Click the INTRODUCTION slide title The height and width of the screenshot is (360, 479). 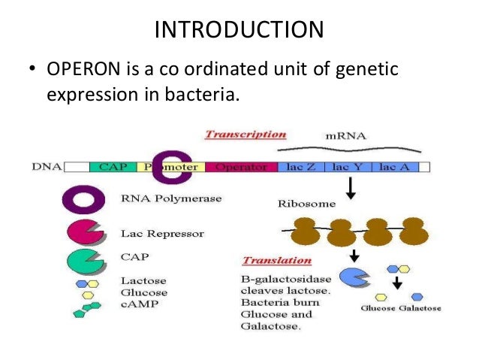[239, 29]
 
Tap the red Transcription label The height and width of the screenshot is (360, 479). [245, 135]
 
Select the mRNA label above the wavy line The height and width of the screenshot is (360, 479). [346, 137]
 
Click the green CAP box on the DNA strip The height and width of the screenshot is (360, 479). [113, 166]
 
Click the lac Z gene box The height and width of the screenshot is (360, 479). [301, 166]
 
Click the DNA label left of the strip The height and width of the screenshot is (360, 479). [47, 166]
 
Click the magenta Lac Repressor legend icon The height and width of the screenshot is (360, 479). [83, 232]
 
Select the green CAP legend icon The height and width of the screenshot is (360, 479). [83, 261]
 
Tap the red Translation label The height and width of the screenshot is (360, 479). [276, 261]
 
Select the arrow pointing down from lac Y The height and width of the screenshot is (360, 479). [351, 189]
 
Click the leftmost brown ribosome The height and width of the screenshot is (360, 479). [306, 231]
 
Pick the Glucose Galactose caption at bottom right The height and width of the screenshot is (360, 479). [400, 308]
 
